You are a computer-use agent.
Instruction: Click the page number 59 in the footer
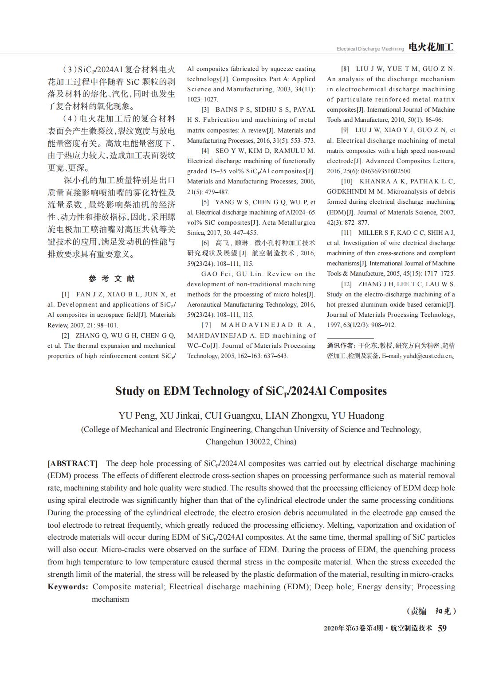coord(442,628)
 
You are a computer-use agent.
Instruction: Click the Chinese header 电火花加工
coord(431,47)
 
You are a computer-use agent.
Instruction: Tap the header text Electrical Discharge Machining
coord(370,49)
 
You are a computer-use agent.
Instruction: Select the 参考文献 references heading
coord(111,279)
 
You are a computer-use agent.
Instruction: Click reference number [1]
coord(66,294)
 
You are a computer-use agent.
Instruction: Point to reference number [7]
coord(207,325)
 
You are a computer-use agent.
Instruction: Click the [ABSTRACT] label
coord(72,463)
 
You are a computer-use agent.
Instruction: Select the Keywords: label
coord(68,587)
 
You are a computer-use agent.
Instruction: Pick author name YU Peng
coord(137,416)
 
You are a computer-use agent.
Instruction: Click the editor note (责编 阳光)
coord(431,611)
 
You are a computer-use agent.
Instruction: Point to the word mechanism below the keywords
coord(110,599)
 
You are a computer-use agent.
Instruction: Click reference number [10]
coord(347,181)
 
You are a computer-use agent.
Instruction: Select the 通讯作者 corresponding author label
coord(341,346)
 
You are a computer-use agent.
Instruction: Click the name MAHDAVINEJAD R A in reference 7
coord(267,325)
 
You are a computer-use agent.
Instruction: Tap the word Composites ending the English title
coord(358,391)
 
